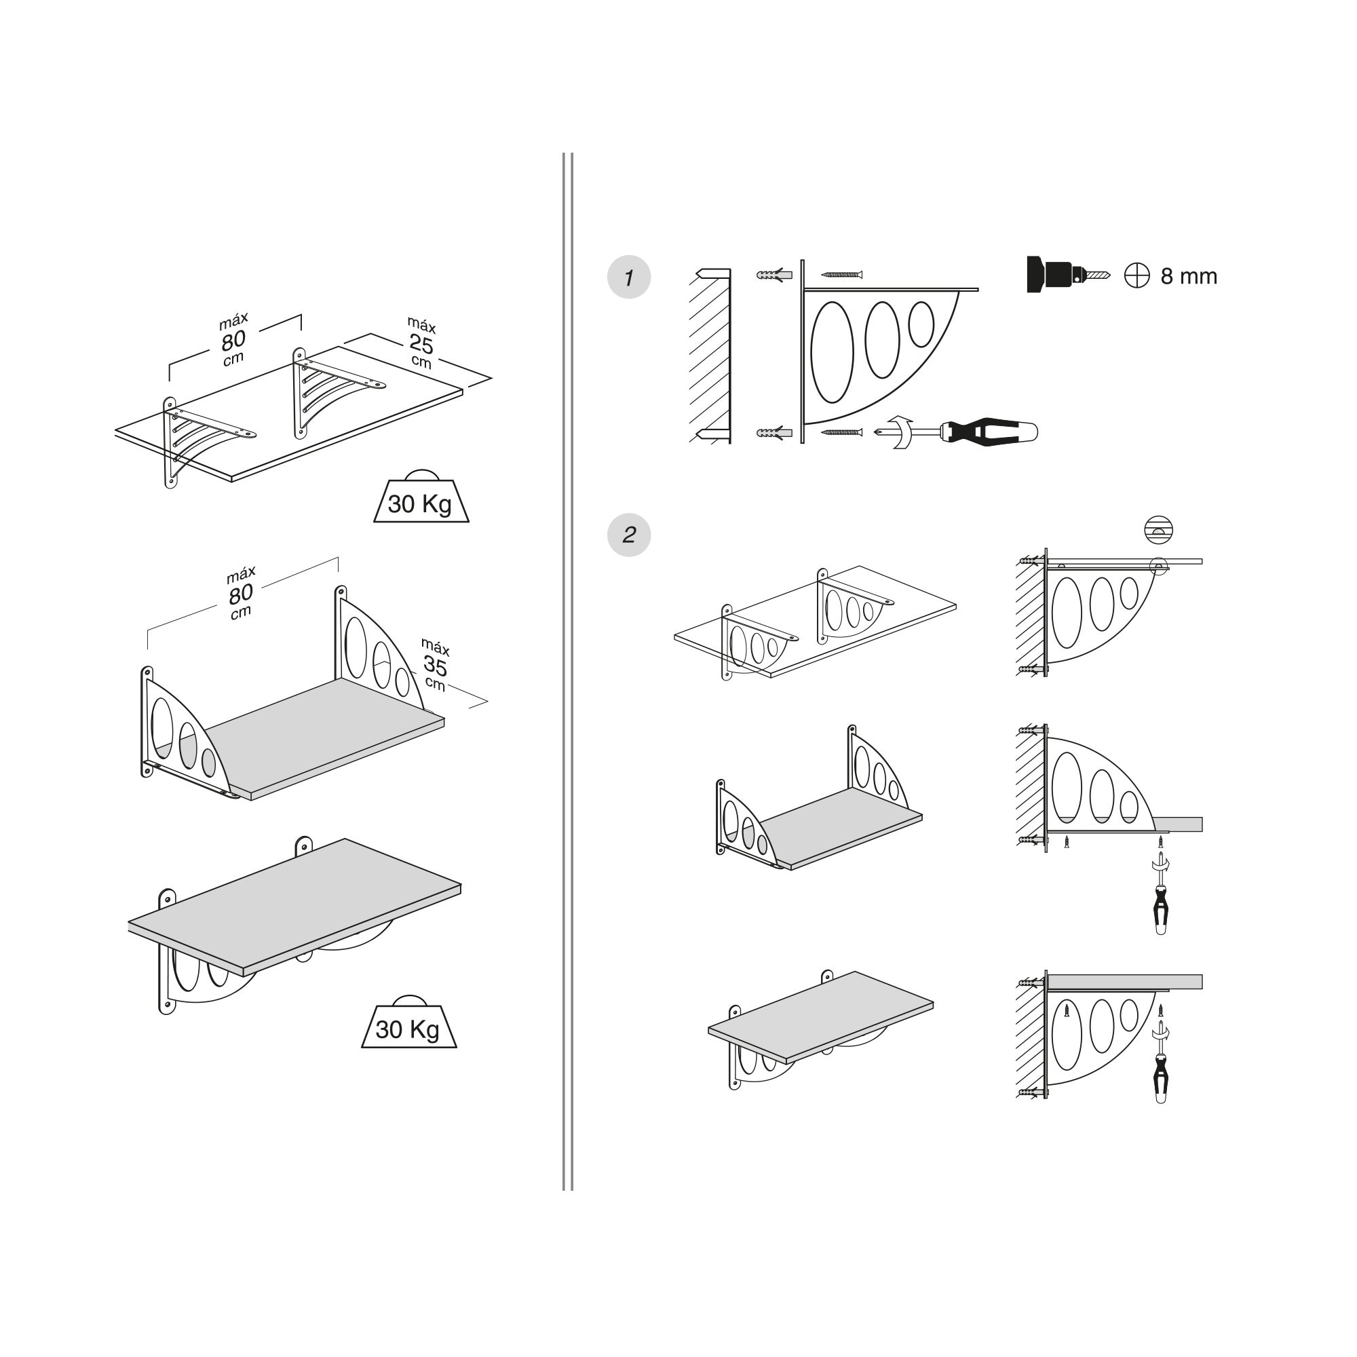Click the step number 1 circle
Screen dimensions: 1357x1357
[x=629, y=277]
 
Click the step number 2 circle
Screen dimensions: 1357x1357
[x=629, y=535]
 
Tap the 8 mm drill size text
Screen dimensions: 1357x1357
[x=1189, y=276]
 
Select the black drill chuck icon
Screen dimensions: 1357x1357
[x=1067, y=274]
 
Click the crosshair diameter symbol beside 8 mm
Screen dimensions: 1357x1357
[x=1136, y=275]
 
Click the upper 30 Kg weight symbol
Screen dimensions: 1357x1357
[x=421, y=497]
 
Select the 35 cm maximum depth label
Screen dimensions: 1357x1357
[x=435, y=664]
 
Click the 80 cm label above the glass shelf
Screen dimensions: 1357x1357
[x=233, y=340]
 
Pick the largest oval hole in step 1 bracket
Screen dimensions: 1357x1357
[x=833, y=352]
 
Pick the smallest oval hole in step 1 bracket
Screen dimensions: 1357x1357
[x=921, y=323]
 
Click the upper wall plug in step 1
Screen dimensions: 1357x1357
[x=775, y=275]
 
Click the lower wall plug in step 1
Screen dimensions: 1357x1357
[x=775, y=432]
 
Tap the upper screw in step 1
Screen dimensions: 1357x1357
[x=841, y=274]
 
